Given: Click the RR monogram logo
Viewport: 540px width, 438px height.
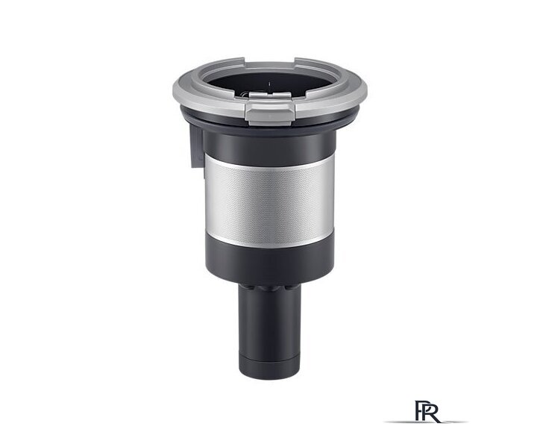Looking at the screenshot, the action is point(427,411).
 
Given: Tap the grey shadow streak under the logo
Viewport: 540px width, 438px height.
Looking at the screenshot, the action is point(426,422).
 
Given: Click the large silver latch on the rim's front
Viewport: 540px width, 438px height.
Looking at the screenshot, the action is point(270,113).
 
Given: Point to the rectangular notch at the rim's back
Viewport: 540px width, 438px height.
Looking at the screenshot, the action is point(270,63).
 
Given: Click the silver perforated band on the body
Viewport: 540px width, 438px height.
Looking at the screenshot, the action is point(269,198).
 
